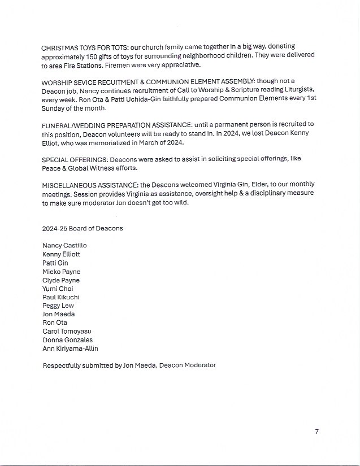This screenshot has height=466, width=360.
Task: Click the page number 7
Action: [316, 432]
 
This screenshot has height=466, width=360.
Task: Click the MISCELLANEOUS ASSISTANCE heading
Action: [90, 185]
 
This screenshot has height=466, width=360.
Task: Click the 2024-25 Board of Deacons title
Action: [83, 228]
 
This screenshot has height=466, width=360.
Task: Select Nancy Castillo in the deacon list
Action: [64, 246]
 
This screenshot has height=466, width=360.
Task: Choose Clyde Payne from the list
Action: [61, 280]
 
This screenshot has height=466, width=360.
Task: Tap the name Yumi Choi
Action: [58, 289]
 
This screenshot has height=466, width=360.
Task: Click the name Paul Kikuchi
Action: [60, 297]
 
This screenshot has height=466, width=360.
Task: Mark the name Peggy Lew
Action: [58, 306]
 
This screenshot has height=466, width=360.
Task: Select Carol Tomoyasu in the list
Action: [67, 332]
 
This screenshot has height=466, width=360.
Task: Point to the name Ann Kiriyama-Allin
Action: [70, 349]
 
